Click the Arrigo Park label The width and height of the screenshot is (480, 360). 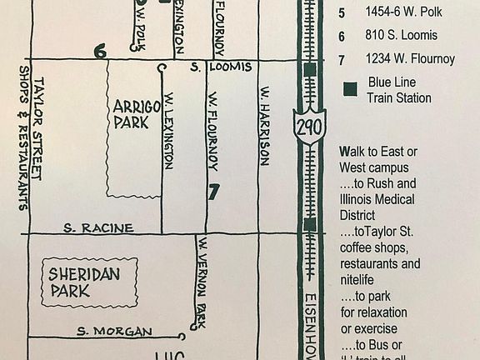(x=132, y=114)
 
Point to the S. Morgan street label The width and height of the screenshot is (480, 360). (x=114, y=332)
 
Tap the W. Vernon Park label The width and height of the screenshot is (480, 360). (x=200, y=282)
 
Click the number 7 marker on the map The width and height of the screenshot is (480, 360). (x=214, y=191)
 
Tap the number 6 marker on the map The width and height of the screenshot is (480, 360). (x=101, y=52)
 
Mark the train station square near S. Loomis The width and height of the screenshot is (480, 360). (x=309, y=69)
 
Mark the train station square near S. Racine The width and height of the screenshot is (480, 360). (x=309, y=224)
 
